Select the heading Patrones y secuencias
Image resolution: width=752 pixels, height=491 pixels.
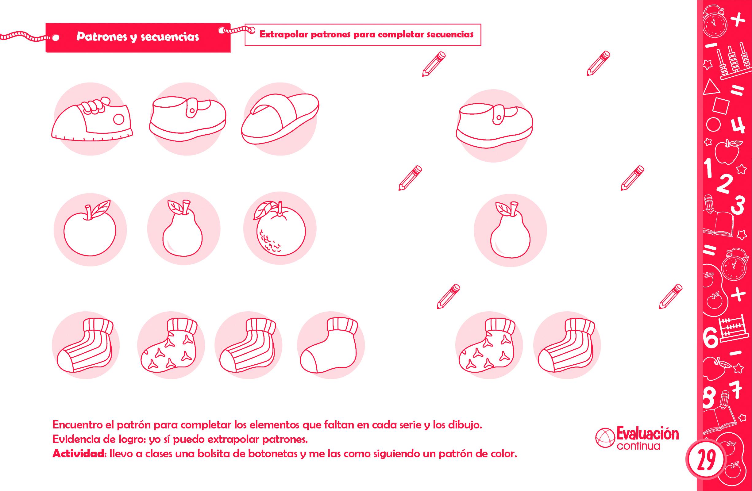point(138,37)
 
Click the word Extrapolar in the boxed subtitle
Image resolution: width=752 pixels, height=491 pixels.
point(283,34)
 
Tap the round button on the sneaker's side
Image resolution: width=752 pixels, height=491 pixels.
point(119,119)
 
